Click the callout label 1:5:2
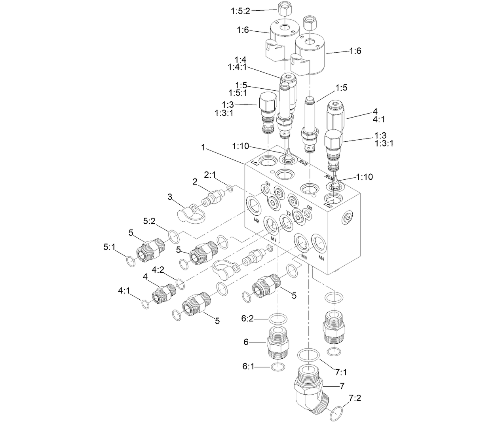point(241,11)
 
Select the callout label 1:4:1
point(237,67)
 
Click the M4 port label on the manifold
point(322,258)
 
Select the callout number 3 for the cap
point(170,197)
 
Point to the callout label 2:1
point(210,174)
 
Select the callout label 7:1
point(341,372)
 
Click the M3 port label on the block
point(304,257)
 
